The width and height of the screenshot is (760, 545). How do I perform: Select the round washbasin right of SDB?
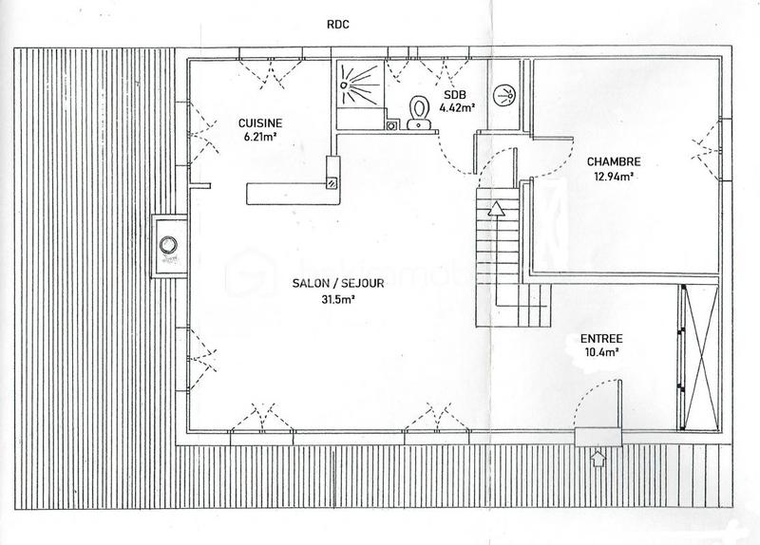pos(503,94)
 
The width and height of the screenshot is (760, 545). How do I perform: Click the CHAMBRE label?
pos(613,161)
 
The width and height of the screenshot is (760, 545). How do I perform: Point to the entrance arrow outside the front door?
pos(597,460)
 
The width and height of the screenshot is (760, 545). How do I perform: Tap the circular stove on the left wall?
pos(170,243)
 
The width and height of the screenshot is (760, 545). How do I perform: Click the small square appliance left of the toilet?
pos(390,123)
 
